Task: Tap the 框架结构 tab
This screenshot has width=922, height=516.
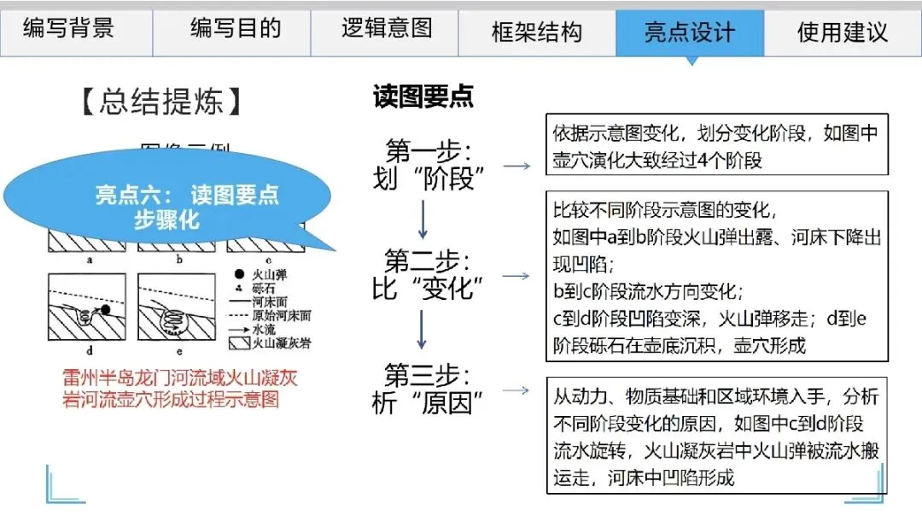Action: [x=537, y=32]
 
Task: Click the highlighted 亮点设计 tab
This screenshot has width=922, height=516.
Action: [x=690, y=32]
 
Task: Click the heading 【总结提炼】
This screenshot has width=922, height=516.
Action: [x=161, y=102]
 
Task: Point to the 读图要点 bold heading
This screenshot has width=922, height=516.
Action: [x=423, y=97]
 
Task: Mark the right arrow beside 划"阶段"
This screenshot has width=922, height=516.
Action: [x=516, y=165]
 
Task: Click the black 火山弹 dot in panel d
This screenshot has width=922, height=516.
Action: [x=105, y=309]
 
